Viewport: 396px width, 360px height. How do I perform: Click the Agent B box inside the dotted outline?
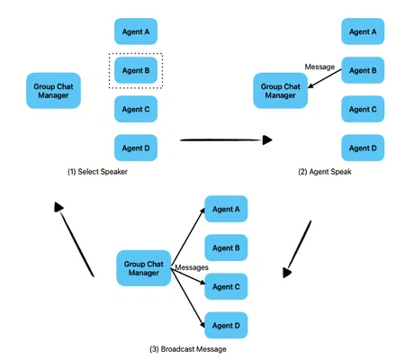pyautogui.click(x=136, y=70)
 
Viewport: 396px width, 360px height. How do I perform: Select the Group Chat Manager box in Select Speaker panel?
pyautogui.click(x=53, y=91)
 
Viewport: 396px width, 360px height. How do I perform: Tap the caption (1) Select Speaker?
pyautogui.click(x=97, y=172)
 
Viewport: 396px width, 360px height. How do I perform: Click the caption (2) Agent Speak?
pyautogui.click(x=325, y=172)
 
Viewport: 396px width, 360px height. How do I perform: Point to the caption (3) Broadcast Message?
pyautogui.click(x=188, y=349)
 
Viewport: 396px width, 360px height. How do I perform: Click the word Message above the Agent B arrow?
pyautogui.click(x=319, y=67)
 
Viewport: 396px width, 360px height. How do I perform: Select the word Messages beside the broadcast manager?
pyautogui.click(x=192, y=267)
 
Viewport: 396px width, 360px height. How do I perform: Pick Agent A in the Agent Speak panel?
pyautogui.click(x=363, y=31)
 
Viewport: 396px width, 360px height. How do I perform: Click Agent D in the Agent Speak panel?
pyautogui.click(x=363, y=148)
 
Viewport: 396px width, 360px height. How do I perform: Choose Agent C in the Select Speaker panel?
pyautogui.click(x=136, y=109)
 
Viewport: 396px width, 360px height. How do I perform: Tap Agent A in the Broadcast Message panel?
pyautogui.click(x=226, y=209)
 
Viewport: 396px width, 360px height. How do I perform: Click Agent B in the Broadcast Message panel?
pyautogui.click(x=226, y=247)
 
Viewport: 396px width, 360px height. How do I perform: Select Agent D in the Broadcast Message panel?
pyautogui.click(x=226, y=326)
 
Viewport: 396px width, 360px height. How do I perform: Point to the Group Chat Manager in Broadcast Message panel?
pyautogui.click(x=144, y=268)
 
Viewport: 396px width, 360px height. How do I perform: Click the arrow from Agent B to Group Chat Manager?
pyautogui.click(x=325, y=78)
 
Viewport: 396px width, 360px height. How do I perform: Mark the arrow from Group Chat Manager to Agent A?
pyautogui.click(x=188, y=238)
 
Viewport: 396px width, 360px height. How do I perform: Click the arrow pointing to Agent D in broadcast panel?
pyautogui.click(x=188, y=298)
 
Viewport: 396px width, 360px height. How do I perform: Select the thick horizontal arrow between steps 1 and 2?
pyautogui.click(x=226, y=139)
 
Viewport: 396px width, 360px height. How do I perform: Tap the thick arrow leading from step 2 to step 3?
pyautogui.click(x=297, y=249)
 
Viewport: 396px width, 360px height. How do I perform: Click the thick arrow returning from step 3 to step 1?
pyautogui.click(x=74, y=239)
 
